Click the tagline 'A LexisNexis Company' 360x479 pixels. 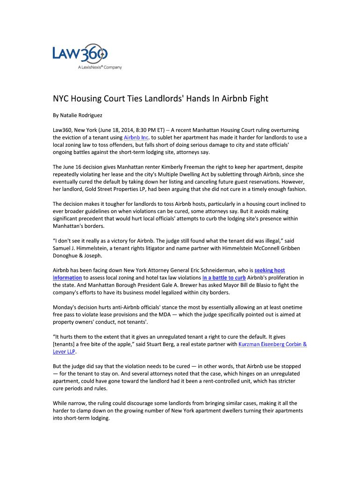click(x=100, y=67)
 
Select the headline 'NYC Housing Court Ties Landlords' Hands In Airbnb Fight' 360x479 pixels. click(x=160, y=99)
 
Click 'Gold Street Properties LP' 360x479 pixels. click(x=116, y=189)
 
